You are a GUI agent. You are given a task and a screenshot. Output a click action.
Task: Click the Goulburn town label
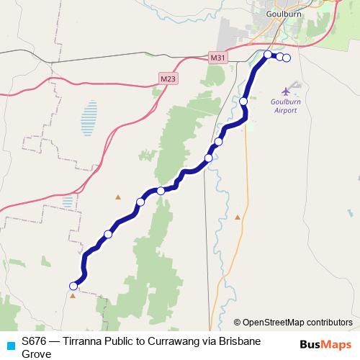[278, 13]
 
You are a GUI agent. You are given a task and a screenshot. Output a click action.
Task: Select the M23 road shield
[167, 78]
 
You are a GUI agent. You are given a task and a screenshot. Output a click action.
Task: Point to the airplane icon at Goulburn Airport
[287, 91]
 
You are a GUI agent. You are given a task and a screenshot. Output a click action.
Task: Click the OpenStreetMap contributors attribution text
[297, 322]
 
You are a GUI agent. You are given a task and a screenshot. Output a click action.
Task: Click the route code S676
[34, 340]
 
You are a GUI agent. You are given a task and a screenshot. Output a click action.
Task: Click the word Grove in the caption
[37, 353]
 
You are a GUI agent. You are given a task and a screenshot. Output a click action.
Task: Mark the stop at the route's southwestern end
[73, 287]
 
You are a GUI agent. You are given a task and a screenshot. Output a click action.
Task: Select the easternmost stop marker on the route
[287, 58]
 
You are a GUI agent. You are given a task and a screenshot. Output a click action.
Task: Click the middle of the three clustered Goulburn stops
[279, 57]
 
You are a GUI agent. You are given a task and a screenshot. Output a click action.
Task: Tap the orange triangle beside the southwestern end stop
[72, 295]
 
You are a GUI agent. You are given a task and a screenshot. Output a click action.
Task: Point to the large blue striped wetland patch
[89, 115]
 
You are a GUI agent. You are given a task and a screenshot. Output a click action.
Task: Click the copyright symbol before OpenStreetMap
[237, 323]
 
